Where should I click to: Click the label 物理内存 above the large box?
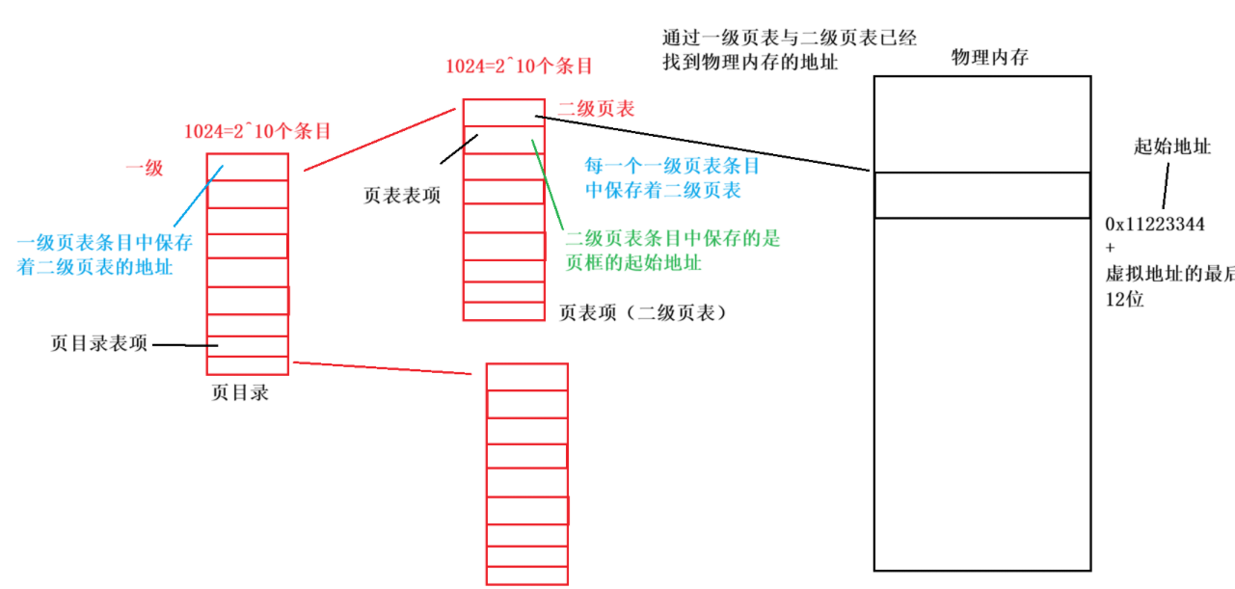[x=990, y=58]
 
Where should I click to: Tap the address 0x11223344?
[x=1155, y=225]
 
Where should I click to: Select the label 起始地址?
[x=1172, y=147]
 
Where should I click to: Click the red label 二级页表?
[x=596, y=110]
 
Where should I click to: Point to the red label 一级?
[x=145, y=169]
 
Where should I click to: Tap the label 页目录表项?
[x=98, y=344]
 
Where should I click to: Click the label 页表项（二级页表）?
[x=642, y=313]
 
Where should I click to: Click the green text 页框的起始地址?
[x=633, y=263]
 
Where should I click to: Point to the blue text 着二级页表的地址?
[x=95, y=267]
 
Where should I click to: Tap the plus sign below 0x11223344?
[x=1111, y=250]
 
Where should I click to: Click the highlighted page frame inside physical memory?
[x=982, y=196]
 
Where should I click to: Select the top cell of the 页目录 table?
[x=248, y=166]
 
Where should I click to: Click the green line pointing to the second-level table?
[x=547, y=183]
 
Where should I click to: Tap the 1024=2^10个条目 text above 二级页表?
[x=518, y=67]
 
